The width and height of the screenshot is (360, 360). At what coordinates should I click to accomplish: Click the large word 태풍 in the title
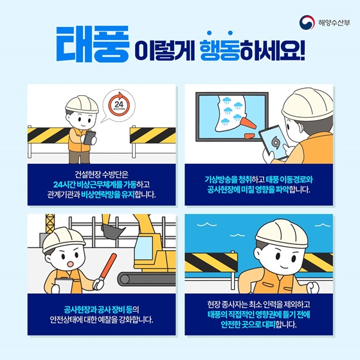[93, 44]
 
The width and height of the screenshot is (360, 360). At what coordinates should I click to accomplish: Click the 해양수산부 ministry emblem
[307, 22]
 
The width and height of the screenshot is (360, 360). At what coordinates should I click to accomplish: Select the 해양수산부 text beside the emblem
[334, 22]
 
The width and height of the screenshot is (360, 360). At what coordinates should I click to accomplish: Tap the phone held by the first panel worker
[89, 138]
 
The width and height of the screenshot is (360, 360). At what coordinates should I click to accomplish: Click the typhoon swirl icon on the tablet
[274, 143]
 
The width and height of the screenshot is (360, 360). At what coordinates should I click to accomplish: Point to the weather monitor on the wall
[232, 116]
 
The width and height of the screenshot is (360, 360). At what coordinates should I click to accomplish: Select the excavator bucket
[113, 231]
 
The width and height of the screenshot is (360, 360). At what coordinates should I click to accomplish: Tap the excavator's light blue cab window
[144, 248]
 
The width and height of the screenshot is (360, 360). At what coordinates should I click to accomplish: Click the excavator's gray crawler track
[147, 279]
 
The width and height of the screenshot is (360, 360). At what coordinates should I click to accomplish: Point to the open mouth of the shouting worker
[70, 264]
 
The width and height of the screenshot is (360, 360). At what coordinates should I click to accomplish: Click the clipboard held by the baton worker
[64, 285]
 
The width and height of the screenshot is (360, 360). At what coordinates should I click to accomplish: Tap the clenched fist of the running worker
[313, 288]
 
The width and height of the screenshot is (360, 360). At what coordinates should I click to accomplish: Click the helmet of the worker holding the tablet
[308, 104]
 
